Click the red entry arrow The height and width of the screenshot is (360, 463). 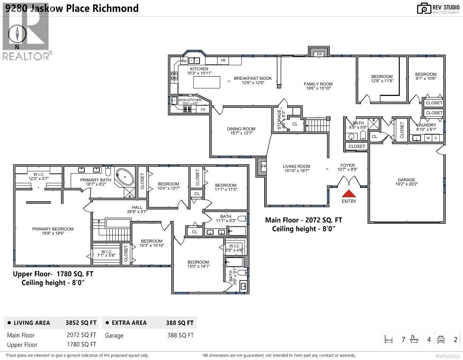click(349, 193)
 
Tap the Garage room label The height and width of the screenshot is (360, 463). click(406, 180)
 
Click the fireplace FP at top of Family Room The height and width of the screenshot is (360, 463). click(319, 54)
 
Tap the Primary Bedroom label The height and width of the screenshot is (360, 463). click(53, 229)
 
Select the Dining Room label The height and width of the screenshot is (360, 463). click(241, 129)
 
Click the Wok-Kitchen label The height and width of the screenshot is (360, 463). click(190, 100)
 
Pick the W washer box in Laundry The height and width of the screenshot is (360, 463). click(428, 138)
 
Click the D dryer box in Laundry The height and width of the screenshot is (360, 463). click(436, 138)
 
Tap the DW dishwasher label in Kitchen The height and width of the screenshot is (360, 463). click(184, 61)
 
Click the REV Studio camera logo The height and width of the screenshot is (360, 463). click(424, 8)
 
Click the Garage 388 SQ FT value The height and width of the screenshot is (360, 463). click(180, 335)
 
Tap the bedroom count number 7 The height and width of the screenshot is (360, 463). click(403, 340)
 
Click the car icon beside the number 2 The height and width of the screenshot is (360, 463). click(441, 340)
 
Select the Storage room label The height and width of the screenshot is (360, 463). click(279, 120)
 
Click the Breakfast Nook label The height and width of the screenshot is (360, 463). click(253, 78)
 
